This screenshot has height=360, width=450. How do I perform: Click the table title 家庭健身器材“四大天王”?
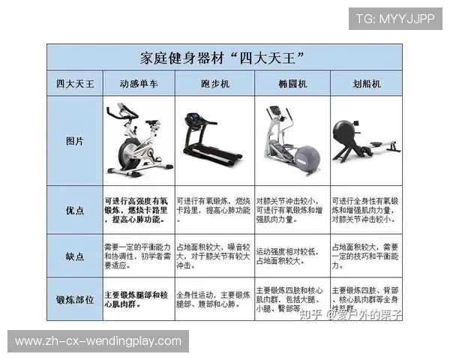tap(224, 58)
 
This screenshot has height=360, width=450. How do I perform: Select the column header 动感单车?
tap(139, 84)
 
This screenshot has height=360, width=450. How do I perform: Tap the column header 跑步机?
tap(214, 84)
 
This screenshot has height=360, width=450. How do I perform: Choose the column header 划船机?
tap(367, 84)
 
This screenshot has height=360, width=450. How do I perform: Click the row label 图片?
tap(75, 141)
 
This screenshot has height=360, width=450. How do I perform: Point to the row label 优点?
tap(75, 211)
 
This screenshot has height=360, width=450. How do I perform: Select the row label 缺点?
tap(75, 256)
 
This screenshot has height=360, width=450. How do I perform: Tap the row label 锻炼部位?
tap(75, 298)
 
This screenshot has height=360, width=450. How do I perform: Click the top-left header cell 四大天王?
tap(75, 84)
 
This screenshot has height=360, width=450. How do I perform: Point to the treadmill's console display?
tap(193, 119)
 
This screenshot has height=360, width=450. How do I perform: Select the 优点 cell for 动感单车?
tap(139, 211)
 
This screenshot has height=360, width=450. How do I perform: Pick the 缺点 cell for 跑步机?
tap(214, 256)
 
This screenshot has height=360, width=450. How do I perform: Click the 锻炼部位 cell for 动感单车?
tap(139, 298)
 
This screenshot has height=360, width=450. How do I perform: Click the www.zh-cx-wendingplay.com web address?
tap(98, 341)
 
